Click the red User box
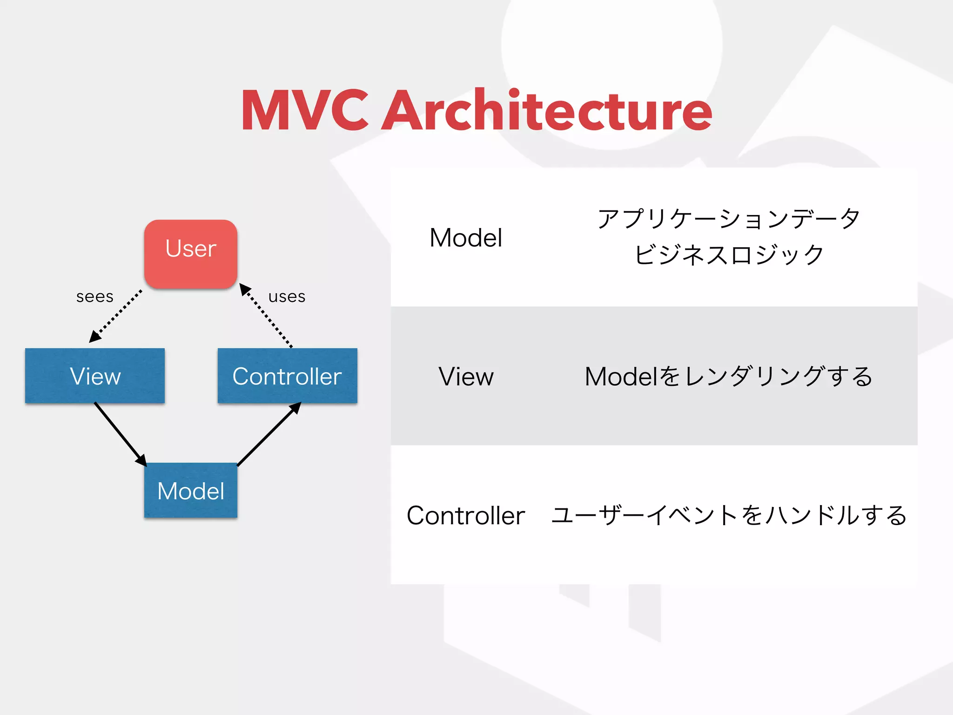(x=191, y=254)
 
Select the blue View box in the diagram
(x=95, y=376)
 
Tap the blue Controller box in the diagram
(x=287, y=376)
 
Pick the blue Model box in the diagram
(x=191, y=490)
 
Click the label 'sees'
(x=95, y=297)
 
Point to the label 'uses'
(x=287, y=297)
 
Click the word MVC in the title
(x=305, y=111)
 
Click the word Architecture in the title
(x=547, y=111)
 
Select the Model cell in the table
(x=466, y=237)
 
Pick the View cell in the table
(x=466, y=376)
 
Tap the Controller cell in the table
(x=466, y=515)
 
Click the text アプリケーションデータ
(x=729, y=219)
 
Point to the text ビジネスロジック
(x=729, y=255)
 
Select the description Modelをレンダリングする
(x=729, y=376)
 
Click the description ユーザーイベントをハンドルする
(x=729, y=515)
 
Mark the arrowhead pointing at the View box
(x=94, y=337)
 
